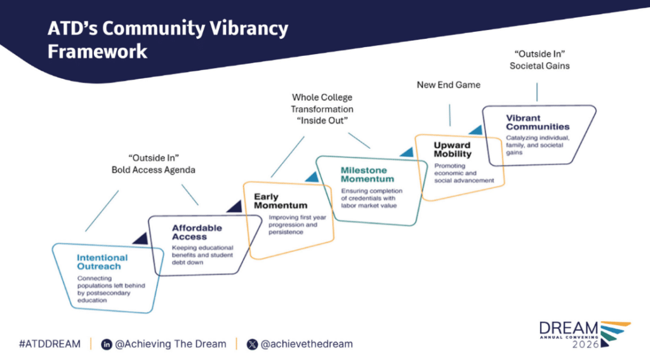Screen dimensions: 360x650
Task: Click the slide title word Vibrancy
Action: pos(248,29)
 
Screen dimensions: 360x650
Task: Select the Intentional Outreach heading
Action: pos(102,262)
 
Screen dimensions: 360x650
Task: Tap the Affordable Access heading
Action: pos(197,232)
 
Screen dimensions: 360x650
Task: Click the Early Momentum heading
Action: pos(280,201)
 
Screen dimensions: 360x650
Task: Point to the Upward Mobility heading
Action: pos(453,149)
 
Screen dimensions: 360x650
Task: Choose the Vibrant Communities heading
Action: pos(538,122)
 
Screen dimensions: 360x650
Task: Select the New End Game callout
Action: pos(449,84)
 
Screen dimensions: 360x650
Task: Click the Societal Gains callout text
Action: pos(540,65)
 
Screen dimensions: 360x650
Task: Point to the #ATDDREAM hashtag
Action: pos(50,344)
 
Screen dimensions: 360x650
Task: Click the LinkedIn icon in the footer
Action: pos(107,344)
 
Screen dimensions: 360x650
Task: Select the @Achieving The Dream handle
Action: pos(171,344)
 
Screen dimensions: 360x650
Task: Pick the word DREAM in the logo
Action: pos(568,328)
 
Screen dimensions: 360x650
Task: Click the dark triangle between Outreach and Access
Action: pos(140,238)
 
